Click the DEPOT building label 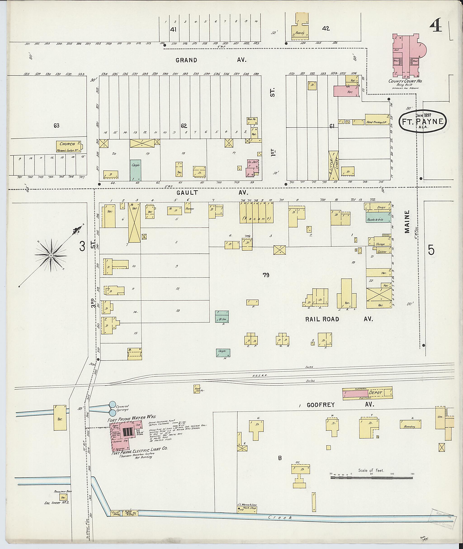[375, 393]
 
